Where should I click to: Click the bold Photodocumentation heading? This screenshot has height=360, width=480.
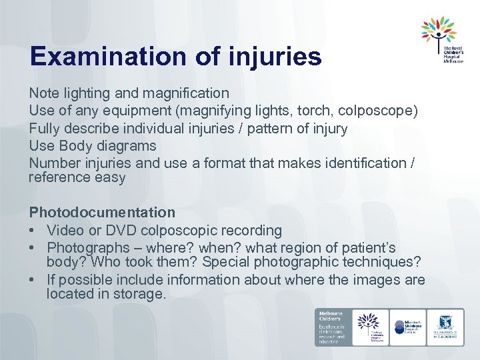(x=102, y=213)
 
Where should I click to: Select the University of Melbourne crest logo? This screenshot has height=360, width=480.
(x=445, y=327)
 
